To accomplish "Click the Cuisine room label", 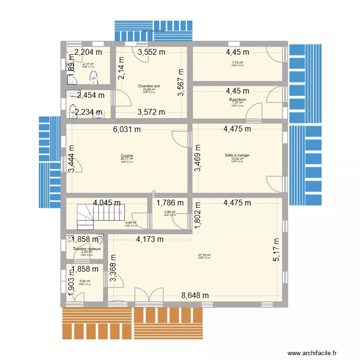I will point(127,156).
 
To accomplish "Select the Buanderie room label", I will point(238,99).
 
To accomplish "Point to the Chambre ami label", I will point(150,86).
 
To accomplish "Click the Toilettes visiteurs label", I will point(87,249).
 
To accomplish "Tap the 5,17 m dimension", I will point(276,250).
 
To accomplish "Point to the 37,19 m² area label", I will point(204,255).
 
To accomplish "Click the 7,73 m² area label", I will point(238,63).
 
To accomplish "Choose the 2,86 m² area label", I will point(170,212).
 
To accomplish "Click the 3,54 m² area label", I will point(84,281).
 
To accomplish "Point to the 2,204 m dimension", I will point(88,52).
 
